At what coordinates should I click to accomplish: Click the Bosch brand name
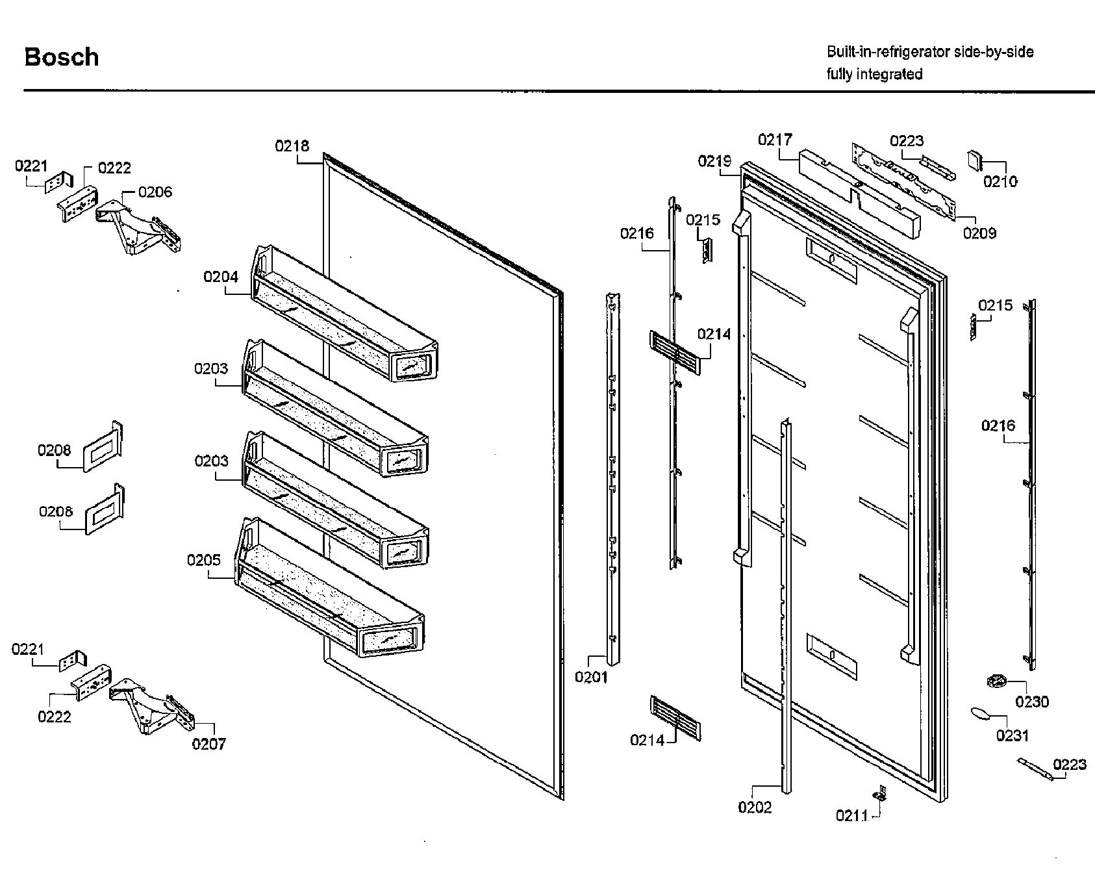click(x=62, y=57)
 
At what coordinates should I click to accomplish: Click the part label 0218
click(x=292, y=146)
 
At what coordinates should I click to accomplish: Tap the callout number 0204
click(x=221, y=277)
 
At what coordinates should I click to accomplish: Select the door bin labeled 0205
click(x=331, y=591)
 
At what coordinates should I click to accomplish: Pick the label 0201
click(x=591, y=678)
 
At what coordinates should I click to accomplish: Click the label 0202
click(x=755, y=807)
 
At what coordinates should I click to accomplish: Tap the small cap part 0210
click(x=975, y=159)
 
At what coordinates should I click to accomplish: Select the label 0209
click(x=979, y=233)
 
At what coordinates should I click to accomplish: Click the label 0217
click(x=775, y=140)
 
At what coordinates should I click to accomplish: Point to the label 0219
click(x=715, y=161)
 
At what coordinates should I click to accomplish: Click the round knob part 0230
click(x=996, y=682)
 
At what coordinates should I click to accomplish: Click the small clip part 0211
click(x=879, y=793)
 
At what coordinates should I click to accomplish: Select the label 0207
click(x=208, y=744)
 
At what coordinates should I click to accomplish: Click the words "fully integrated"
click(x=874, y=74)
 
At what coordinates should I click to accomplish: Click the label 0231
click(x=1013, y=735)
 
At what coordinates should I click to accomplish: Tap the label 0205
click(x=204, y=560)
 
